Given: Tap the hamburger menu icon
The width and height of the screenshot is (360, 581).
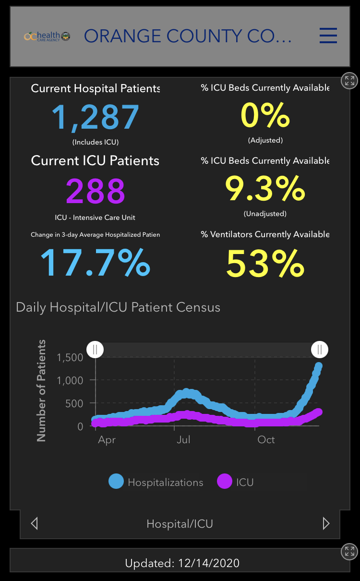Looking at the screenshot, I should (328, 36).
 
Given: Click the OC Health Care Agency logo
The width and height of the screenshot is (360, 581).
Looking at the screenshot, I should (47, 36).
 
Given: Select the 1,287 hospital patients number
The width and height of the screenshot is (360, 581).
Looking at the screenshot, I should (96, 117).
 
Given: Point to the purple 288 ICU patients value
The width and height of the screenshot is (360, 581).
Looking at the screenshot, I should (96, 191).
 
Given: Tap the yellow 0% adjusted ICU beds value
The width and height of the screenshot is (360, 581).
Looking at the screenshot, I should (265, 116).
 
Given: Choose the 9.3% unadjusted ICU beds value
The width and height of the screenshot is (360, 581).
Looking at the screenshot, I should (265, 189).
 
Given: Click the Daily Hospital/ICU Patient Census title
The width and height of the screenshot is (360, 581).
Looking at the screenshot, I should (118, 307).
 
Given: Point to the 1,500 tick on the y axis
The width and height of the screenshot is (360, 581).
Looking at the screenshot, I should (70, 357).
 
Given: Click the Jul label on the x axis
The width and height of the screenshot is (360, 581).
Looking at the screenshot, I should (183, 439).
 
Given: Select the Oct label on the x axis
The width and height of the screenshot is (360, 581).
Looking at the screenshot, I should (266, 439).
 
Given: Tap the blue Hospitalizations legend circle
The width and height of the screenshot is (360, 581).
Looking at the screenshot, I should (116, 482).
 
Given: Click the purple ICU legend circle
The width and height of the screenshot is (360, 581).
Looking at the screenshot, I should (225, 482).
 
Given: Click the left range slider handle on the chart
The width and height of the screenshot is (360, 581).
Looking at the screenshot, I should (95, 349).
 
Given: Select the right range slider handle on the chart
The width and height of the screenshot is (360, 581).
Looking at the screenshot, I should (320, 349).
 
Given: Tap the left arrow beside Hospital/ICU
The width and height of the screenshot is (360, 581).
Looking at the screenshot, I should (34, 523).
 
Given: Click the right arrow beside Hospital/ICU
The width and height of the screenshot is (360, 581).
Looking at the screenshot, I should (326, 523).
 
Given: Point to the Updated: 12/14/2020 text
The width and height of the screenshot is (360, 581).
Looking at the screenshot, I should (182, 563).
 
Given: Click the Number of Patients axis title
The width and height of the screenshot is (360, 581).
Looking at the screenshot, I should (42, 390).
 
